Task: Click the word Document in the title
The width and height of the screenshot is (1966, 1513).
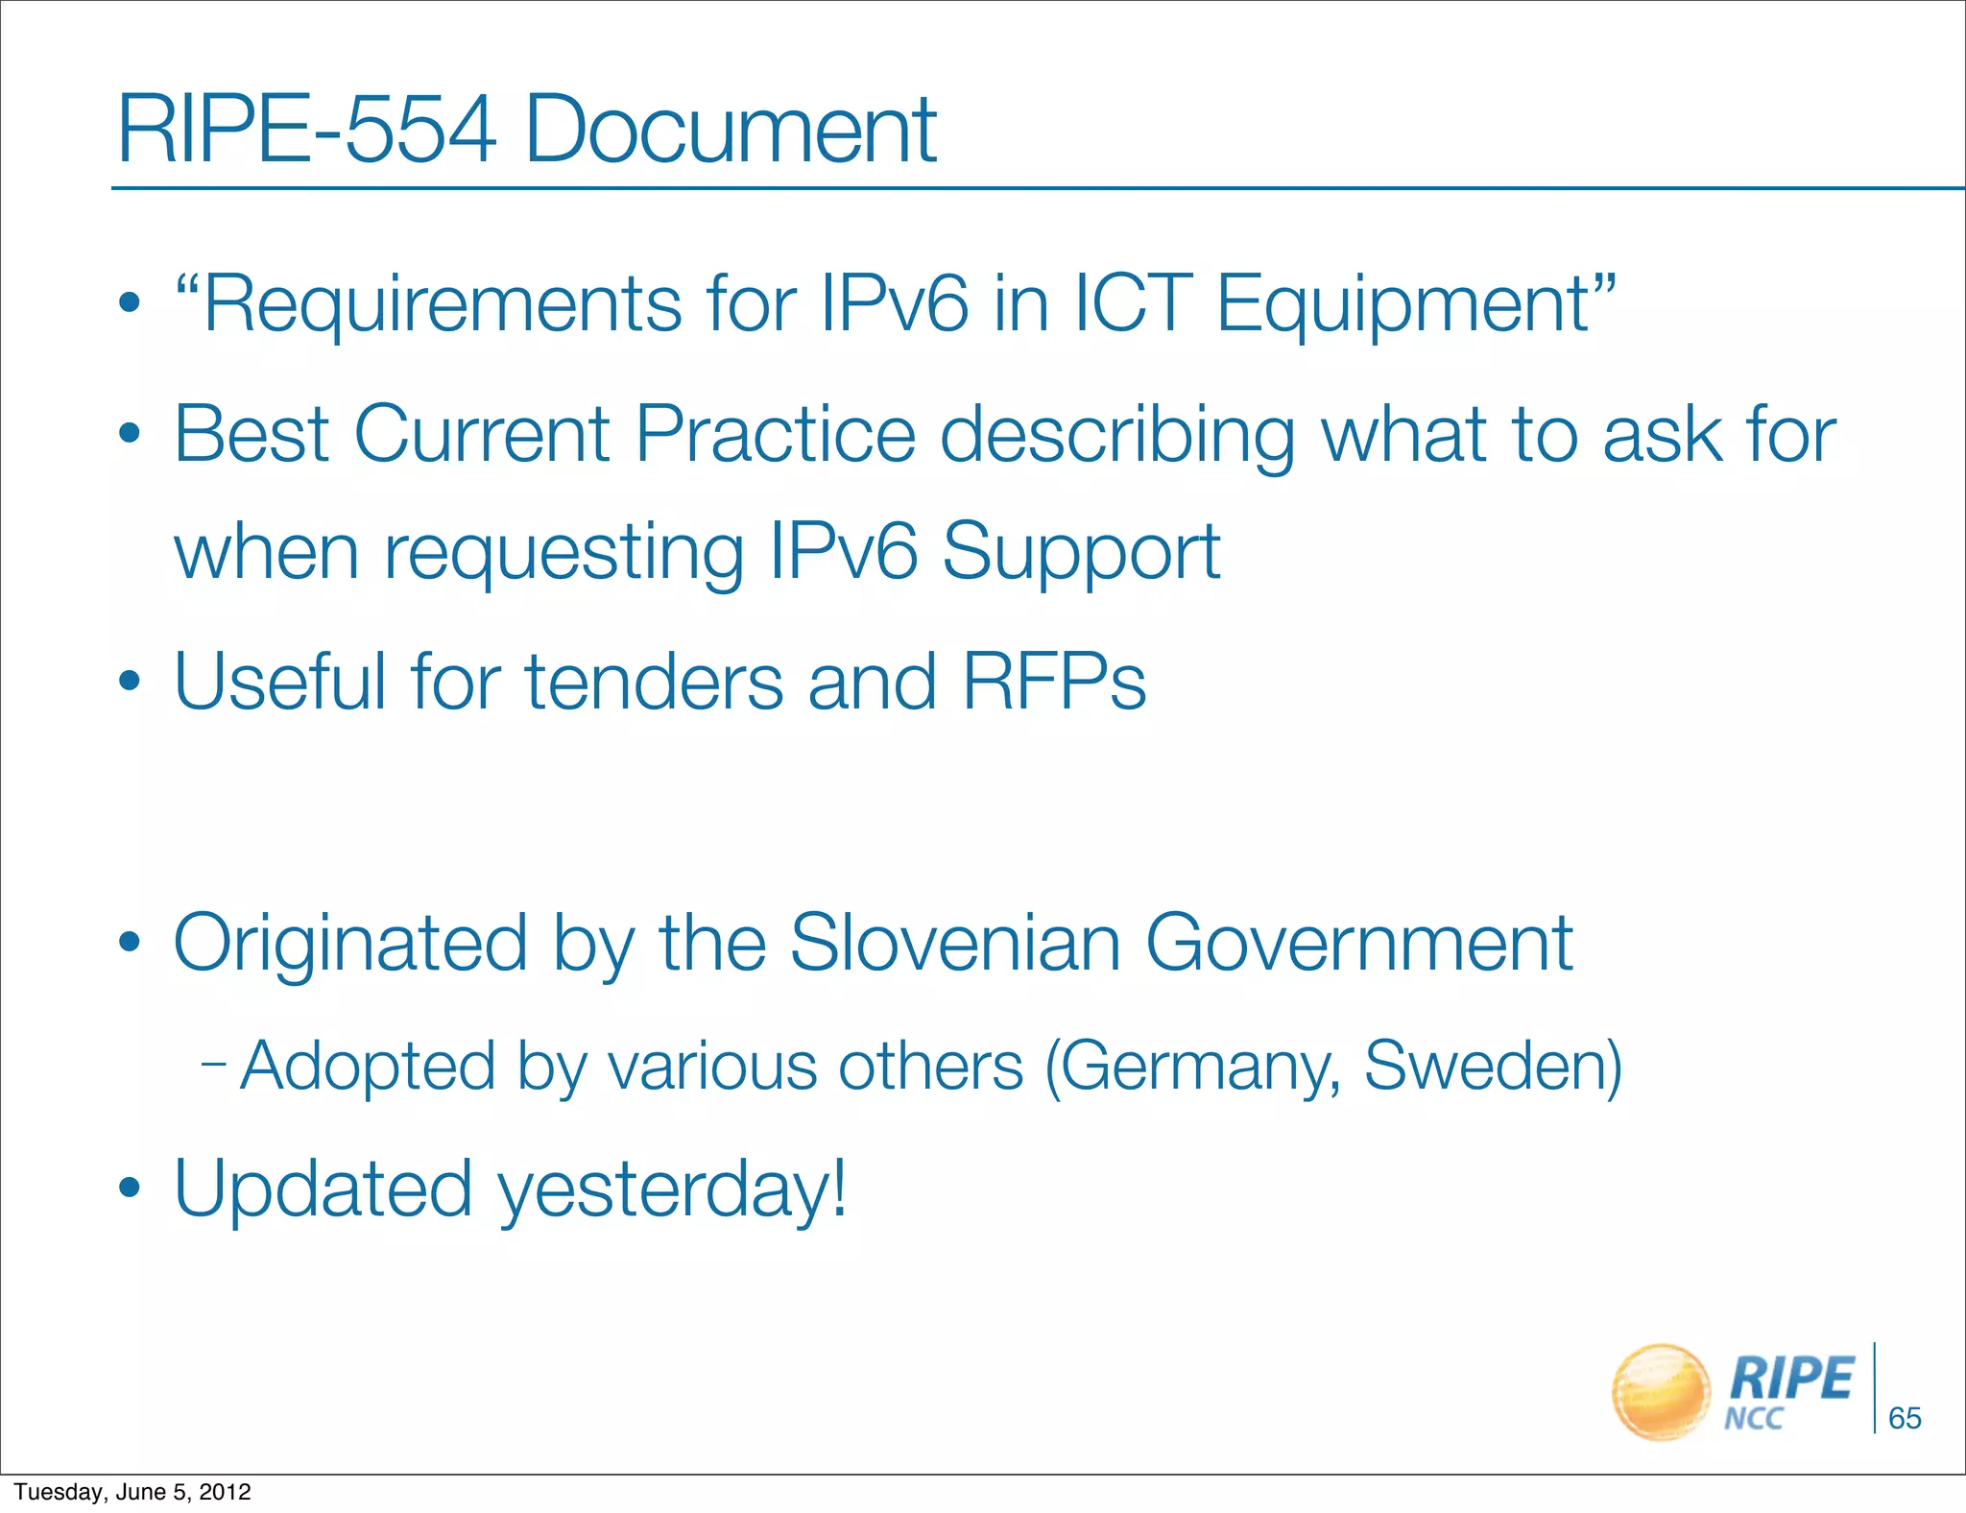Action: click(x=730, y=130)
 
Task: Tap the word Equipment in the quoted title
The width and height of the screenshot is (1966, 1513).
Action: click(x=1403, y=304)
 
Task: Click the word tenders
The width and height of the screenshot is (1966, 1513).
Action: click(x=654, y=682)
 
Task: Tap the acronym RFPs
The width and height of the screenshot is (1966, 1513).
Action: click(x=1054, y=682)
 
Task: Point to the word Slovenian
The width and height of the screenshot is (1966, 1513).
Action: click(x=955, y=944)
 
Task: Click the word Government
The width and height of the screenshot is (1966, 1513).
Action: click(x=1359, y=944)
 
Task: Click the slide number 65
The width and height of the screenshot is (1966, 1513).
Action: click(x=1905, y=1418)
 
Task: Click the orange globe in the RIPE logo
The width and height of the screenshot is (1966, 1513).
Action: click(x=1661, y=1392)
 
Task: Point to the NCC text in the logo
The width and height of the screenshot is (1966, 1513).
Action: click(x=1753, y=1419)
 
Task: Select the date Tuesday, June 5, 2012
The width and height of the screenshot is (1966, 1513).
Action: click(x=132, y=1492)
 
